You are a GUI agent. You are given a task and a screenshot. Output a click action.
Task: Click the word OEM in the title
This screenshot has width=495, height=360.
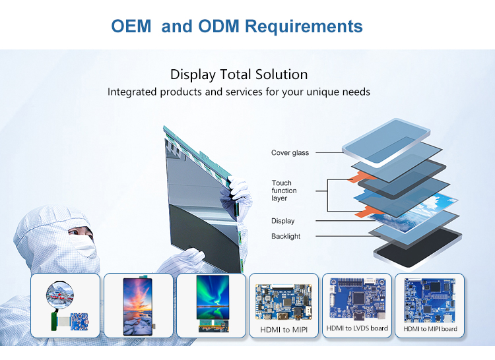click(x=132, y=26)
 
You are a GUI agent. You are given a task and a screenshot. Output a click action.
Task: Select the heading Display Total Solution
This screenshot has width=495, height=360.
click(x=238, y=75)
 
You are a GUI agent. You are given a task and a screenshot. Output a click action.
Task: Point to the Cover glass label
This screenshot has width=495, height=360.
click(x=290, y=153)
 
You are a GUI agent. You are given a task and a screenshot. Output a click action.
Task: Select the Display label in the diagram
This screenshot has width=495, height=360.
click(x=282, y=221)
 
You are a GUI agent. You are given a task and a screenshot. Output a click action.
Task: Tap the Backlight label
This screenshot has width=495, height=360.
click(x=285, y=236)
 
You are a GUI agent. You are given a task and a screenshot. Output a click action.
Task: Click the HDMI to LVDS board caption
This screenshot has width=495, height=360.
click(x=357, y=328)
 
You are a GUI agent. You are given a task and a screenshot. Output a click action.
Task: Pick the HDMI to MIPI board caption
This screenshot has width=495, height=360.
click(x=430, y=328)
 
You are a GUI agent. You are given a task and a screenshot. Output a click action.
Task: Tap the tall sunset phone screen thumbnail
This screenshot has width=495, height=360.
click(x=139, y=305)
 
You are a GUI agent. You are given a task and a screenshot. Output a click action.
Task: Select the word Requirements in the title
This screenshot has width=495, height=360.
click(x=304, y=26)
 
